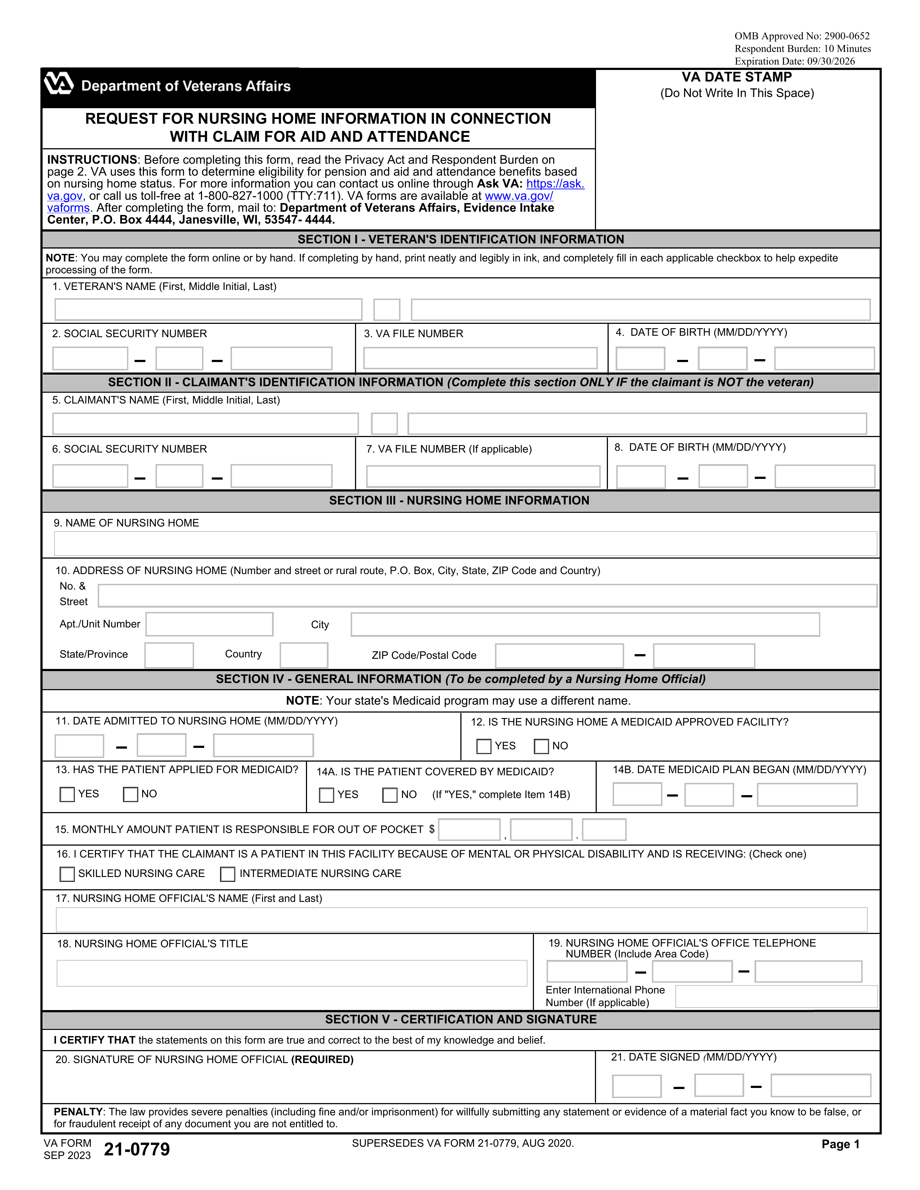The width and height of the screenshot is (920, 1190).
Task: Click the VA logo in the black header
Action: (58, 84)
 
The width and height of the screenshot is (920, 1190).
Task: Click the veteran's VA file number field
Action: (480, 358)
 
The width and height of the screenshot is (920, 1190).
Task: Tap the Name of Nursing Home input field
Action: (465, 544)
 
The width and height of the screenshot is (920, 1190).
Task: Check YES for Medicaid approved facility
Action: (483, 746)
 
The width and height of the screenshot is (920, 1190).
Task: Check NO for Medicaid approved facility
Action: (541, 746)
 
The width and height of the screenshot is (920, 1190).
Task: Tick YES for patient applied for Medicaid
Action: (67, 794)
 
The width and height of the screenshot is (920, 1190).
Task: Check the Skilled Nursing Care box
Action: (67, 874)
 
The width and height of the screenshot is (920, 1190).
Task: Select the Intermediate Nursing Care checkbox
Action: (227, 874)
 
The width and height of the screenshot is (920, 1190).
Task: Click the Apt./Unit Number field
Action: (209, 625)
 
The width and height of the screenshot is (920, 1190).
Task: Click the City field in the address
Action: (585, 625)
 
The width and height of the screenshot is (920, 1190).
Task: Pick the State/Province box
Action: (169, 655)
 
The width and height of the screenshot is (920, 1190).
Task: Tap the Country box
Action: (303, 655)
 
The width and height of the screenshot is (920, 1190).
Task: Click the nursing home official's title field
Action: (292, 973)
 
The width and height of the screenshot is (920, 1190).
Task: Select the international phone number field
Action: (776, 997)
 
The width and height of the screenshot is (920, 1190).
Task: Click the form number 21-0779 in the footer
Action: (137, 1149)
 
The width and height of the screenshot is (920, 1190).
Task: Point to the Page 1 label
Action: (840, 1144)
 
